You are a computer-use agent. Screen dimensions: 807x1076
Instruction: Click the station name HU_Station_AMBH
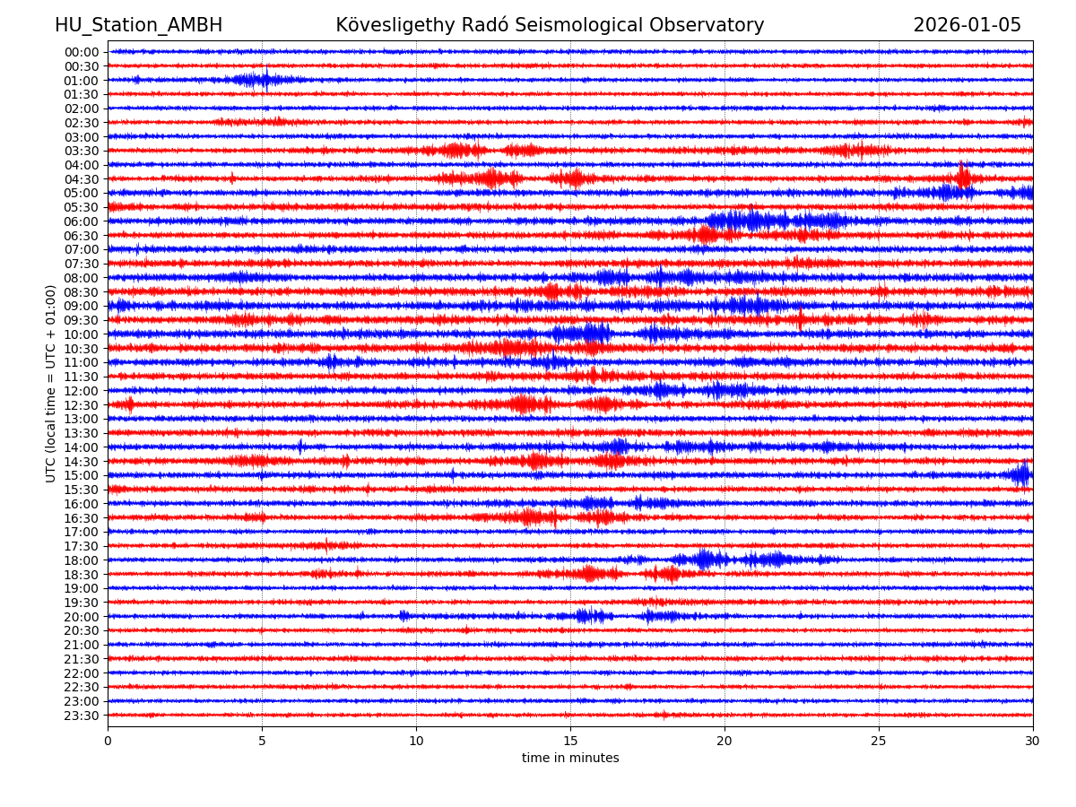point(138,25)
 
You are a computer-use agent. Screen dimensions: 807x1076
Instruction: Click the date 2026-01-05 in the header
point(967,25)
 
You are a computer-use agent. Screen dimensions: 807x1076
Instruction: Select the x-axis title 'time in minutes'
point(570,759)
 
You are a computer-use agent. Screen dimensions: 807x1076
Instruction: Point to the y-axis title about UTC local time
point(51,384)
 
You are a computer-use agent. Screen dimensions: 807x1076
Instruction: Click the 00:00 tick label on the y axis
point(82,52)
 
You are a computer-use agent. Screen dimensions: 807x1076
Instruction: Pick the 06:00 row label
point(82,221)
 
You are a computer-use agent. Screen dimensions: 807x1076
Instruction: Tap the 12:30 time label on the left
point(82,405)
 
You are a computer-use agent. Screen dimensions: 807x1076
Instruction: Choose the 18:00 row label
point(82,560)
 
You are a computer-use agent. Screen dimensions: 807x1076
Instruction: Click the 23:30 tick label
point(82,716)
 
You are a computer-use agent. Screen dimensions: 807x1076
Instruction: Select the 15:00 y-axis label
point(82,475)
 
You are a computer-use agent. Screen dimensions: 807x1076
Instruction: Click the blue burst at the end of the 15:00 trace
point(1021,474)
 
